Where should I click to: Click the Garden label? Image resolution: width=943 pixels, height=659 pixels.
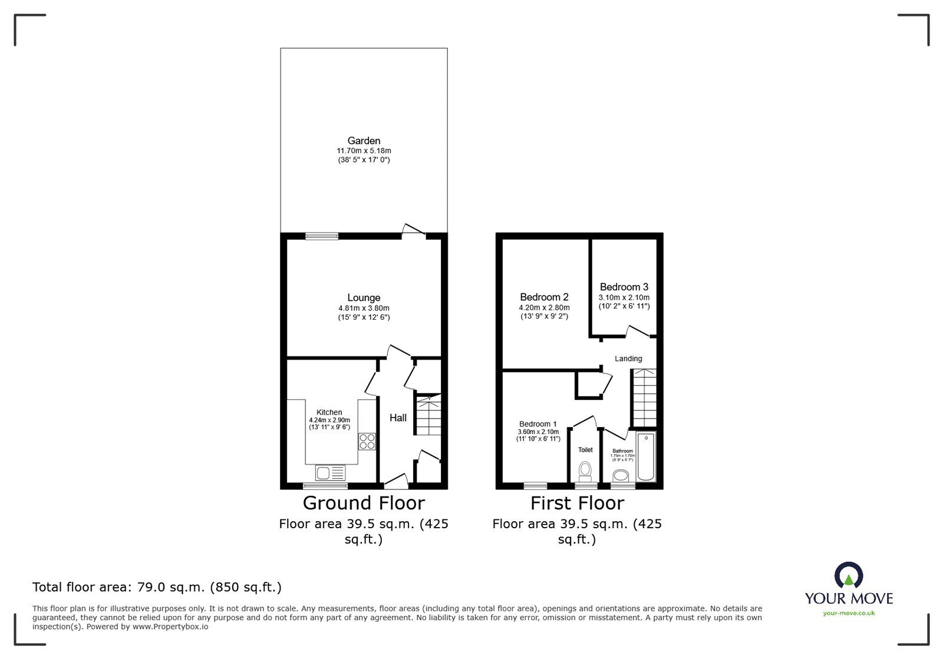364,141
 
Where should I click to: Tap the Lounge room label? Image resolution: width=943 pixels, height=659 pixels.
364,298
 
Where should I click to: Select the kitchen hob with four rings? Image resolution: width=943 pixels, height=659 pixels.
367,441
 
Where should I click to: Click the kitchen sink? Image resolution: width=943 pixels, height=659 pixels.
330,473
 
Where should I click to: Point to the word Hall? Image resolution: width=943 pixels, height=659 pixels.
398,418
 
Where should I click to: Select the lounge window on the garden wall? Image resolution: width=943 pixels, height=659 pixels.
322,236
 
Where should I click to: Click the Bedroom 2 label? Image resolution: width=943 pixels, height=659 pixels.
544,297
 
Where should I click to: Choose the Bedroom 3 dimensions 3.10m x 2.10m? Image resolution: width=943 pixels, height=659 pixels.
624,297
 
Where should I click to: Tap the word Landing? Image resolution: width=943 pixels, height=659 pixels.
628,359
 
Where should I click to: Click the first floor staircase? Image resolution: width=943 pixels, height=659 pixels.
644,398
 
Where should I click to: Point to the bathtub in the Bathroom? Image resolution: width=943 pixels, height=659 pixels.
647,457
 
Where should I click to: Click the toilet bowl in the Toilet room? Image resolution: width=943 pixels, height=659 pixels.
585,470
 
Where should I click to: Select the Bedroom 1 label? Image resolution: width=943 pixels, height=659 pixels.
538,424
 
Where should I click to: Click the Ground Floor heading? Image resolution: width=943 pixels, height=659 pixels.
364,503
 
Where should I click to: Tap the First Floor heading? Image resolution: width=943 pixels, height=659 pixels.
577,503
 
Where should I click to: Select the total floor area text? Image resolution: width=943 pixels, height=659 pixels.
157,587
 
